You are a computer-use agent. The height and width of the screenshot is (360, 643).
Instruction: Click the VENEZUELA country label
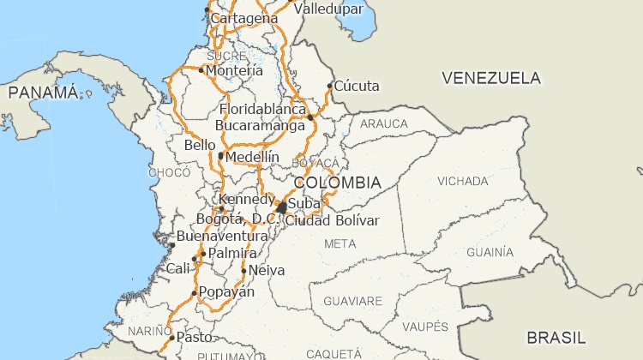tap(491, 78)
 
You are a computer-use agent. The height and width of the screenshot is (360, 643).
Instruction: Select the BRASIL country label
tap(556, 336)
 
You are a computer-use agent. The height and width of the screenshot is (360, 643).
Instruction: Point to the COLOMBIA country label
tap(337, 183)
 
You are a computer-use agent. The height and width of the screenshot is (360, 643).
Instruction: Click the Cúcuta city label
tap(357, 86)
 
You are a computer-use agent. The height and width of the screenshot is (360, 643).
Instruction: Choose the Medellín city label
tap(253, 157)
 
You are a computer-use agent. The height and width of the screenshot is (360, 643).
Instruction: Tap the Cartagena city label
tap(244, 18)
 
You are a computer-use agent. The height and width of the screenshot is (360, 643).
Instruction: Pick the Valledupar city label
tap(330, 9)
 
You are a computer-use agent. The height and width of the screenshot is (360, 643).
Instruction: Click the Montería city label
tap(235, 70)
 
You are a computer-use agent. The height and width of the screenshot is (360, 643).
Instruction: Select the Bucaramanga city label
tap(260, 125)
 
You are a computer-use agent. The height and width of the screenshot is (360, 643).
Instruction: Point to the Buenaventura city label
tap(222, 236)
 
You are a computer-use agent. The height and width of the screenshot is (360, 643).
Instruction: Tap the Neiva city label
tap(266, 270)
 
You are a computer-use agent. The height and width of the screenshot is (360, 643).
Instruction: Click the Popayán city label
tap(227, 292)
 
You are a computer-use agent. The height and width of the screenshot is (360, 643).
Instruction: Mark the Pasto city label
tap(194, 337)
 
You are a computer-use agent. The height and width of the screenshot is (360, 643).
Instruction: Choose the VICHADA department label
tap(463, 182)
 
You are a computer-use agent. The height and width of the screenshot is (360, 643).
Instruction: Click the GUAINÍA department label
tap(490, 252)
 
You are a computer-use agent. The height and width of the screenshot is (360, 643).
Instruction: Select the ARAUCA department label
tap(384, 123)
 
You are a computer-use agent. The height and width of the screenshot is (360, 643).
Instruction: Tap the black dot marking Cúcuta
tap(330, 86)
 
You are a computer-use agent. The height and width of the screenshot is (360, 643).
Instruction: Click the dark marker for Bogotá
tap(281, 207)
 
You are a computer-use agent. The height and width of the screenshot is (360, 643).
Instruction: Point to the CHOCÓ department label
tap(169, 172)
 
